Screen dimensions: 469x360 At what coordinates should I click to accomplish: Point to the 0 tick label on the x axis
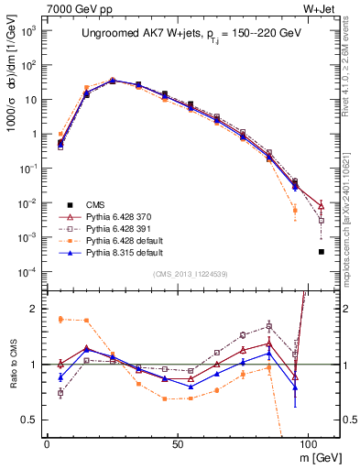(47, 442)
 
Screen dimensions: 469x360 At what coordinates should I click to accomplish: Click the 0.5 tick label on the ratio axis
(30, 420)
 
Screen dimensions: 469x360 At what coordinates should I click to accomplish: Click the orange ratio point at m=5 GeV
(60, 319)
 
